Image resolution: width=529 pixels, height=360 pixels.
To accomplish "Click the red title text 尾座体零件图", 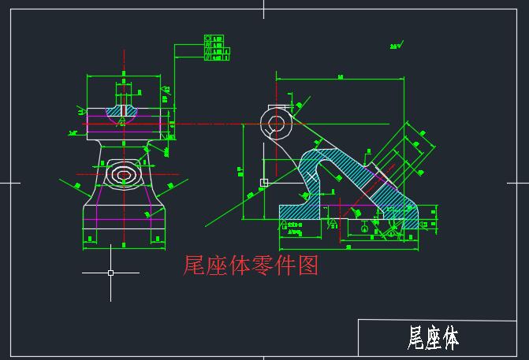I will tap(250, 266).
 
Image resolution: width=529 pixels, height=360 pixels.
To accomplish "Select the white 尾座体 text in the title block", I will tap(433, 339).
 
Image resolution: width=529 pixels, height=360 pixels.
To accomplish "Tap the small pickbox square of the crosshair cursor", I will tap(110, 273).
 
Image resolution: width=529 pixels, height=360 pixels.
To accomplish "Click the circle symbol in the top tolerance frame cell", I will tap(208, 37).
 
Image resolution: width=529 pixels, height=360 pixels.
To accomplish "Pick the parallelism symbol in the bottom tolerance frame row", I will tap(208, 58).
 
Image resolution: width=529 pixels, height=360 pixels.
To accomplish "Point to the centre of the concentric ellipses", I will tap(123, 173).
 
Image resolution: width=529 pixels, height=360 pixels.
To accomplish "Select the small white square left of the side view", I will tap(264, 182).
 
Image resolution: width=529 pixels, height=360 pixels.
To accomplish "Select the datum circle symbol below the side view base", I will tap(364, 228).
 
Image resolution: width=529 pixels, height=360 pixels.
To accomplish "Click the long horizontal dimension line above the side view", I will tap(339, 80).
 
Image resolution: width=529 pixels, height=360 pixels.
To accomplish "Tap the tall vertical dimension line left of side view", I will tap(243, 169).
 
